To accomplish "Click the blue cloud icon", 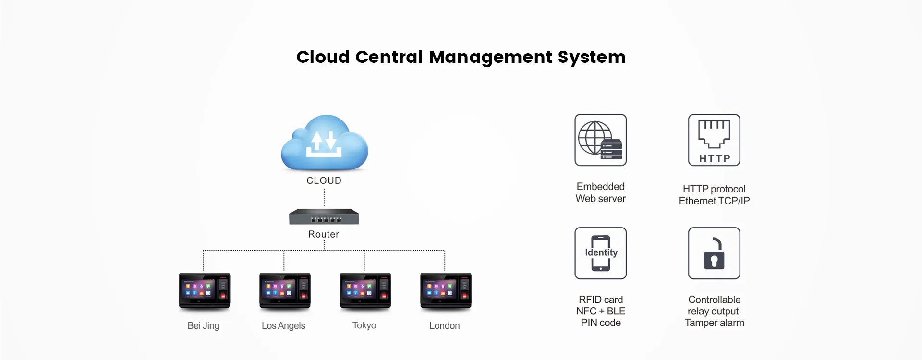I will click(x=325, y=143).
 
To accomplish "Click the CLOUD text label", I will click(x=324, y=181).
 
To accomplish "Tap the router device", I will click(x=324, y=217).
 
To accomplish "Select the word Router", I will click(x=324, y=234).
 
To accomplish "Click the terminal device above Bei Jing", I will click(x=205, y=290).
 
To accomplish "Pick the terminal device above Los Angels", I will click(x=285, y=290).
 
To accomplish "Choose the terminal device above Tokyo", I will click(x=365, y=290).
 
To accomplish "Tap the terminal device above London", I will click(x=446, y=290).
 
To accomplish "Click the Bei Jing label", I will click(x=204, y=325).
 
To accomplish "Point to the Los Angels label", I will click(x=283, y=325).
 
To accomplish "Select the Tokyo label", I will click(x=364, y=325).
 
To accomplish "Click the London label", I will click(x=445, y=325).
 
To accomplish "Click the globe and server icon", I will click(x=601, y=140).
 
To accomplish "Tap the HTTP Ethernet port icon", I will click(x=714, y=140).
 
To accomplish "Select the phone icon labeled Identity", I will click(x=601, y=253).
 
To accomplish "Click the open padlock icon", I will click(x=714, y=253).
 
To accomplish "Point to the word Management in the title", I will click(x=491, y=57).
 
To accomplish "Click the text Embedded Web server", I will click(x=601, y=192).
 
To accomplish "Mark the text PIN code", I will click(x=601, y=323).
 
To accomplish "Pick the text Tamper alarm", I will click(x=715, y=323).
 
